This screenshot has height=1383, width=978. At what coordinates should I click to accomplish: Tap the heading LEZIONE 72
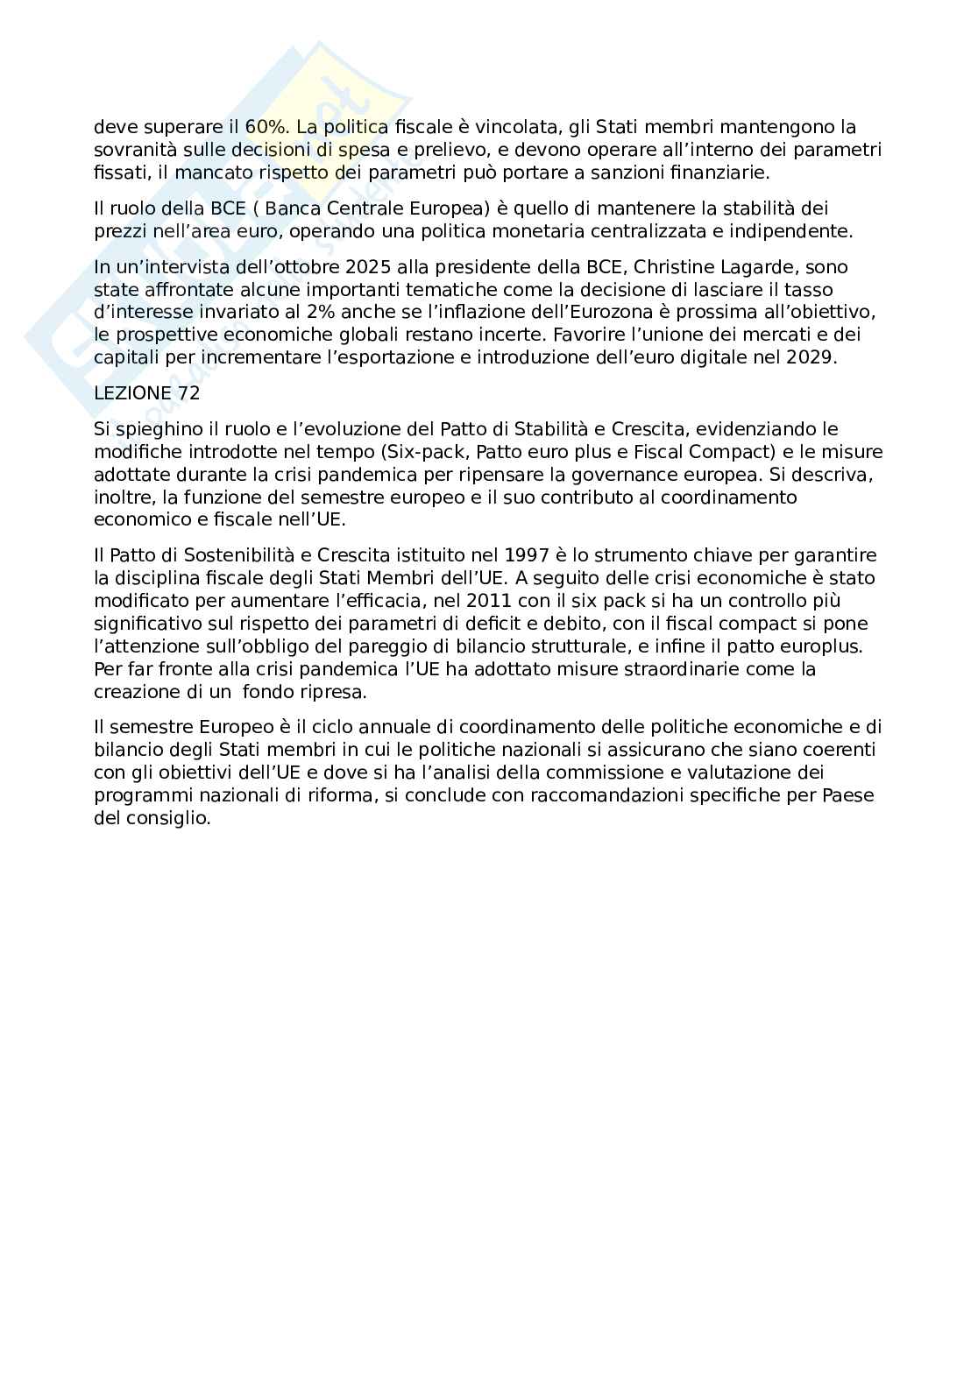[x=146, y=393]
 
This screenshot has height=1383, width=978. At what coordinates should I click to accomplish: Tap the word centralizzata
[x=643, y=231]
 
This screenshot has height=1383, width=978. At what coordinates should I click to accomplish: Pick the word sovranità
[x=128, y=149]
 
